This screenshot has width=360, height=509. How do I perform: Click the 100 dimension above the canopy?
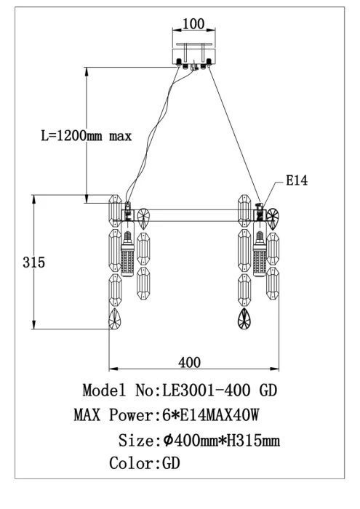193,24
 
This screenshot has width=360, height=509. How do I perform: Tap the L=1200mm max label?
85,136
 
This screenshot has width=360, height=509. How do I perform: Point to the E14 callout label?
296,181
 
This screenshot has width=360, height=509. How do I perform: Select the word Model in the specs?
105,391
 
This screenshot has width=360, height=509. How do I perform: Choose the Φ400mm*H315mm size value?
223,441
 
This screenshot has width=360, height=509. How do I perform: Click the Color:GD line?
144,463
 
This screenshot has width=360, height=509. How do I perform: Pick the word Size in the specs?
136,441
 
